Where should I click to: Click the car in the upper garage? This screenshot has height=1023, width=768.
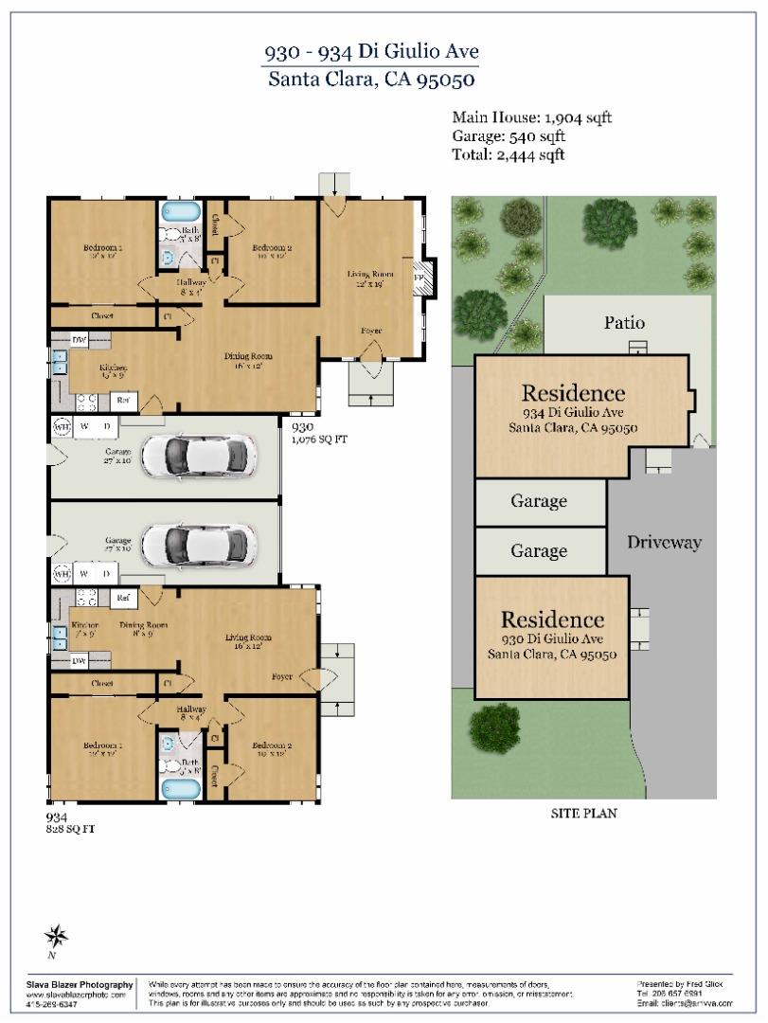(x=198, y=455)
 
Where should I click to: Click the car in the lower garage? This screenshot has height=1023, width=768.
(x=198, y=545)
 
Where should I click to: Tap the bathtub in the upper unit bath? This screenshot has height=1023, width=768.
(x=180, y=210)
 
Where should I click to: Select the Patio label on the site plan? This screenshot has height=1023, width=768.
(x=624, y=323)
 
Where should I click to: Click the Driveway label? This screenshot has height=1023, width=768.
(x=664, y=543)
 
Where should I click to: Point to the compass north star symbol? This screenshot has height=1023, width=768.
(x=56, y=936)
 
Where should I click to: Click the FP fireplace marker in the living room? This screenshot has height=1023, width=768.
(x=420, y=277)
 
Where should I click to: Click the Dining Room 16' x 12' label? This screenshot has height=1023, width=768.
(x=249, y=361)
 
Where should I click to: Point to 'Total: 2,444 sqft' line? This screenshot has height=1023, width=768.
(x=509, y=154)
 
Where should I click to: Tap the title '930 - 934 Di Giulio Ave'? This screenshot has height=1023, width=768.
(x=369, y=51)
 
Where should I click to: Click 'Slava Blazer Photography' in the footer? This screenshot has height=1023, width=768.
(x=79, y=985)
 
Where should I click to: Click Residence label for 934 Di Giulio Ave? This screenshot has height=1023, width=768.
(x=573, y=393)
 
